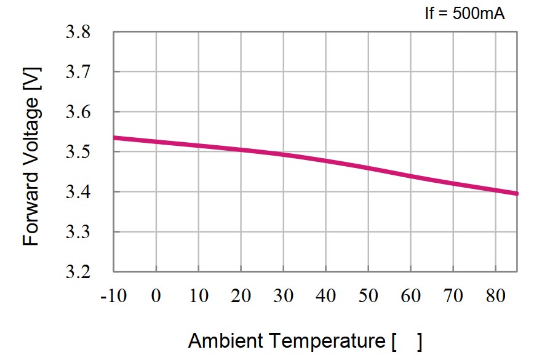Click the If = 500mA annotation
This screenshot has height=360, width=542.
(464, 13)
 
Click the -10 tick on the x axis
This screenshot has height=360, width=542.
(114, 297)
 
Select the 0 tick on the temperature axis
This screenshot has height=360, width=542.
(156, 297)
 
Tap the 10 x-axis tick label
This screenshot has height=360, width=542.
(199, 297)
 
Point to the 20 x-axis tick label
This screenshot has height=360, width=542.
(241, 297)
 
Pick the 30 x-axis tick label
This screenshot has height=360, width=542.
(284, 297)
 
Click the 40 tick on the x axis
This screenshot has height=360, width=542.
(326, 297)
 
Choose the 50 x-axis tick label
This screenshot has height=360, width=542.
(369, 297)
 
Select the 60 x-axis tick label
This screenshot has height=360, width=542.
(410, 297)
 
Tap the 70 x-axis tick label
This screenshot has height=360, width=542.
(453, 297)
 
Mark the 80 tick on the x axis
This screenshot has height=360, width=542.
(495, 297)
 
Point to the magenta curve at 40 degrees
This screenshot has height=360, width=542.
(325, 161)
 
